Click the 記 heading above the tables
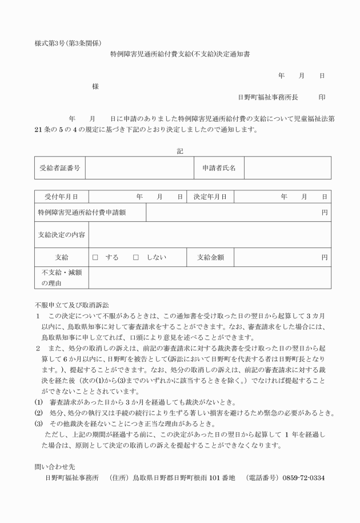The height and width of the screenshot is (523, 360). tap(180, 151)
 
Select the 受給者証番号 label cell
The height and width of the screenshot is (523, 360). tap(59, 168)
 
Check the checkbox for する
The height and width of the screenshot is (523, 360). tap(96, 258)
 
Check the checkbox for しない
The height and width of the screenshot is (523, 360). tap(136, 258)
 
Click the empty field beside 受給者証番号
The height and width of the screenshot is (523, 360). tap(140, 168)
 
